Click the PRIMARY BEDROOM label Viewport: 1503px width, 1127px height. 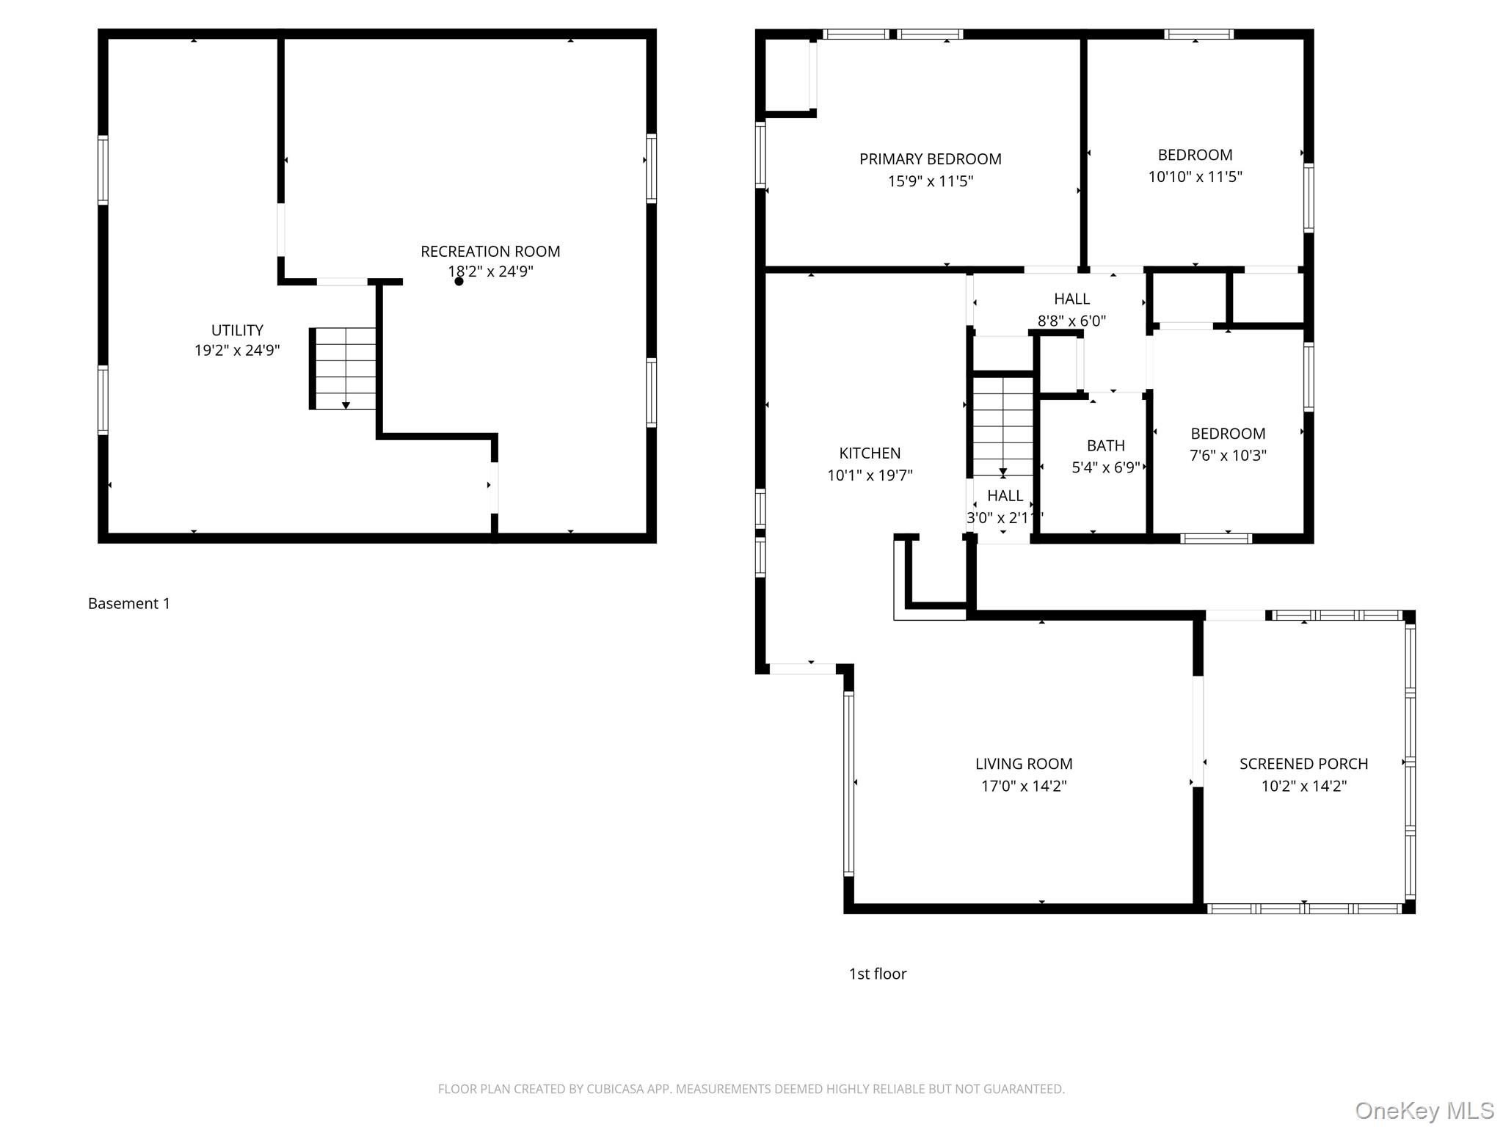point(930,159)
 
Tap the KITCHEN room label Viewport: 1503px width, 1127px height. point(870,453)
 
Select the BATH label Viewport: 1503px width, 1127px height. point(1105,446)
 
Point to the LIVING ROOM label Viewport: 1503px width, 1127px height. point(1024,764)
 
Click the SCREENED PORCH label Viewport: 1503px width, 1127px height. point(1303,764)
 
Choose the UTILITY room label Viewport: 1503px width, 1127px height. point(237,330)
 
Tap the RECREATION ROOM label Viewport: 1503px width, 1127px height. point(490,252)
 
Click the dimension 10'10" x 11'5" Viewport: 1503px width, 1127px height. point(1195,177)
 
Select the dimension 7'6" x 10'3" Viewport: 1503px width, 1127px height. point(1228,456)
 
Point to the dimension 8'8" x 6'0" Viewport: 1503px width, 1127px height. point(1071,321)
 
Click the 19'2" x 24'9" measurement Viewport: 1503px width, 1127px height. point(237,351)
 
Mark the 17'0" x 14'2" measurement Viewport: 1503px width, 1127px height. point(1024,786)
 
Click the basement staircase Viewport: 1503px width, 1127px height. point(343,368)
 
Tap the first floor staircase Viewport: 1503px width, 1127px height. point(1002,426)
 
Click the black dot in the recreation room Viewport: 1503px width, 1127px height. point(459,282)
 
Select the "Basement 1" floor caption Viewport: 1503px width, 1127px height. point(129,604)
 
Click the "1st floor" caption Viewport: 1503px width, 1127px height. point(878,974)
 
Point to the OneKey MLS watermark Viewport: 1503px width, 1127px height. point(1424,1111)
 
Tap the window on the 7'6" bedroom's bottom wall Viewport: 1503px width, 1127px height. point(1216,539)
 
